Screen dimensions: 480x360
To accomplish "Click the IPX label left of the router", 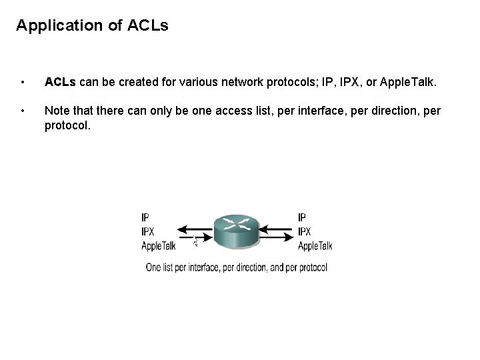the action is (x=149, y=231).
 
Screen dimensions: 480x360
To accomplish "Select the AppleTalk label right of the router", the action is (x=315, y=245).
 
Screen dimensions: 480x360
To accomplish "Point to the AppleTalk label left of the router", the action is (x=159, y=245).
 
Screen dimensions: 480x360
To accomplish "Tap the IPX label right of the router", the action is (x=305, y=231).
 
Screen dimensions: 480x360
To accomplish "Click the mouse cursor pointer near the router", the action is (x=195, y=241).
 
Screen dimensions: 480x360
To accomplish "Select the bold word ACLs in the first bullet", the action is (x=60, y=83).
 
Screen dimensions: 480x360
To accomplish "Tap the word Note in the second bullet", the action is (x=57, y=110).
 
